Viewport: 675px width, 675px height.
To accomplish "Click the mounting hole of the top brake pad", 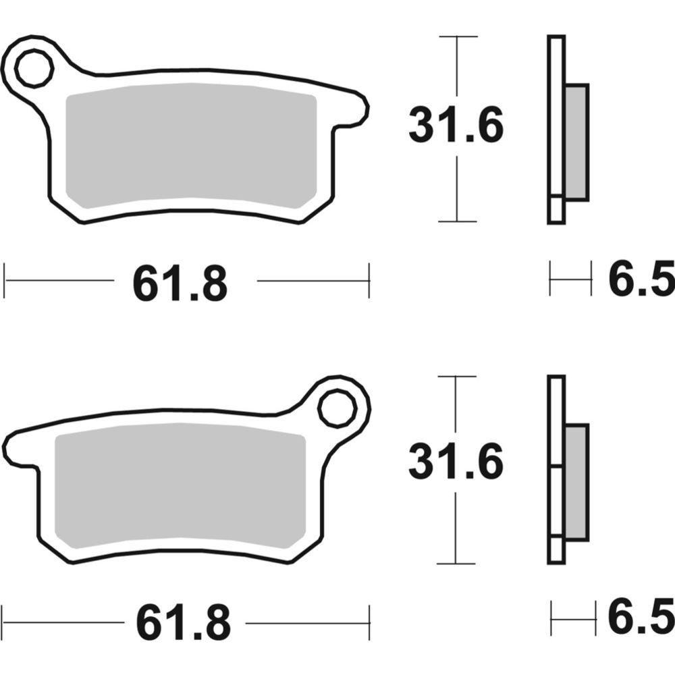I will [x=34, y=69].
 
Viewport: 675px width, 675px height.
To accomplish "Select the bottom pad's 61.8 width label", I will [x=183, y=622].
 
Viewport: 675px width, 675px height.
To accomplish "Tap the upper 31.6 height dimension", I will [x=456, y=127].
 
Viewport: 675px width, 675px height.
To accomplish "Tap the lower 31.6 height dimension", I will [x=456, y=464].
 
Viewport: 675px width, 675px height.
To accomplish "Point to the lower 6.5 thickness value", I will [x=641, y=620].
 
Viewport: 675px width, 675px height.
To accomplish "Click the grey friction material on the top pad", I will [x=191, y=145].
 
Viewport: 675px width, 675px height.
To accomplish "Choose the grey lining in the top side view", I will [x=576, y=142].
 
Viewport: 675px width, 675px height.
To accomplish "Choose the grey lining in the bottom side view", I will [x=576, y=482].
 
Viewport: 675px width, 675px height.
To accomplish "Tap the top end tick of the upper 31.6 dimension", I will [x=458, y=36].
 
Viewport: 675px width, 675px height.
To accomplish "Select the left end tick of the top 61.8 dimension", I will [x=5, y=280].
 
